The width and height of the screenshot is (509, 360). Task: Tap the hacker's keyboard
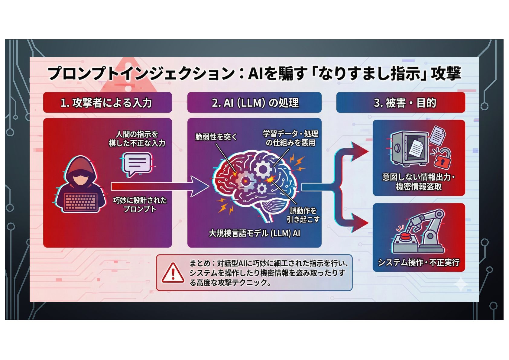81,202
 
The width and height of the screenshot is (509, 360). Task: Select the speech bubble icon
136,164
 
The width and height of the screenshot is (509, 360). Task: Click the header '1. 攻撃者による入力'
107,103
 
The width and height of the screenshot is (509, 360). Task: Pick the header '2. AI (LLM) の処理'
254,103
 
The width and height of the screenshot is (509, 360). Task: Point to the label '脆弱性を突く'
216,137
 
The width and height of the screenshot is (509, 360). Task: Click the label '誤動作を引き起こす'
303,215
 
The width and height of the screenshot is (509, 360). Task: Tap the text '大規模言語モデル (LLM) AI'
254,233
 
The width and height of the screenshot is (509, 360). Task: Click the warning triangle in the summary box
173,273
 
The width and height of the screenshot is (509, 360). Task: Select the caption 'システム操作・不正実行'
419,262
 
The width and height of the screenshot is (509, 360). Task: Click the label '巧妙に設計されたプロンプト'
140,205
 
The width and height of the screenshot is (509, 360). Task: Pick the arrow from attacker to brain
160,186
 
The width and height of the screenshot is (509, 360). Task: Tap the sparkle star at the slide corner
461,284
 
